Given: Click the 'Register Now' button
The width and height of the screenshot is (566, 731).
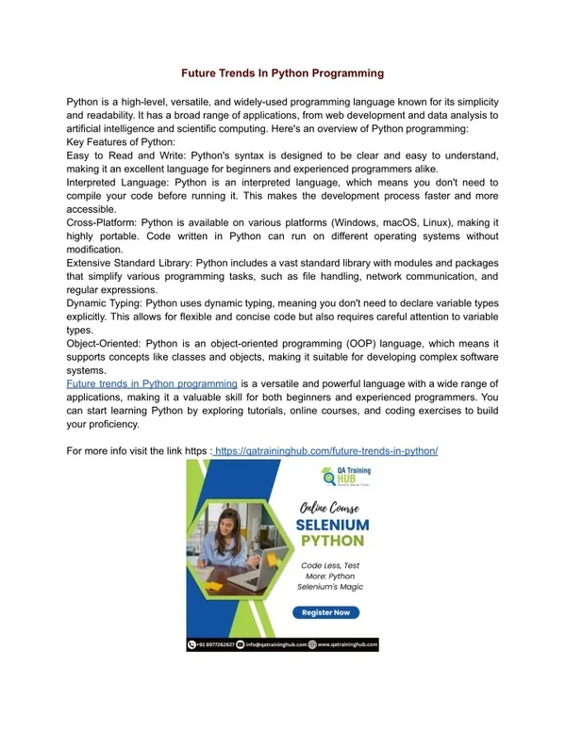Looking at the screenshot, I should coord(325,611).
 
